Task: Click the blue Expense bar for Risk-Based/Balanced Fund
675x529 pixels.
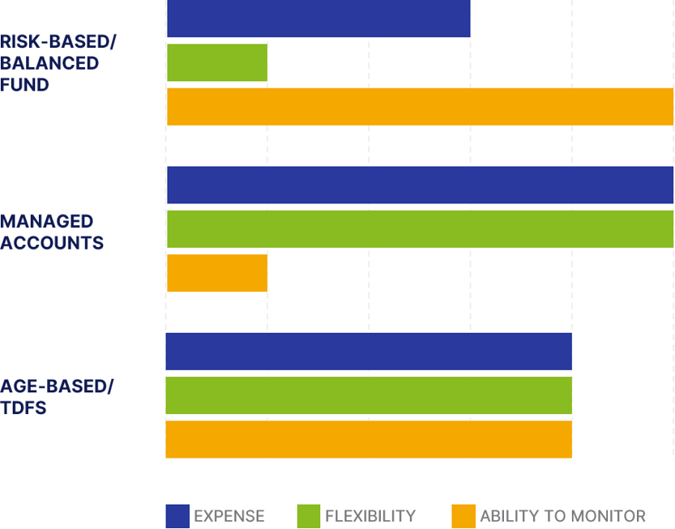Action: click(x=318, y=19)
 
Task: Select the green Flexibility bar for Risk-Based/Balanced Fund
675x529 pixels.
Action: click(x=217, y=62)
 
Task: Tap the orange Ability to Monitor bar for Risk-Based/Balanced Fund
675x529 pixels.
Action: click(x=420, y=106)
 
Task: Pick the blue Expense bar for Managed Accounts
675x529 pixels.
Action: click(x=420, y=185)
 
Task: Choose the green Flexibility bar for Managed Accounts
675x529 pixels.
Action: click(x=420, y=228)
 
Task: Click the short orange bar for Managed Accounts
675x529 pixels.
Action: click(x=217, y=273)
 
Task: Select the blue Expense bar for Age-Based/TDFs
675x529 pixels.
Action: click(x=369, y=352)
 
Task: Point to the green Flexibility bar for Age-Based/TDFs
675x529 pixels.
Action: click(x=369, y=395)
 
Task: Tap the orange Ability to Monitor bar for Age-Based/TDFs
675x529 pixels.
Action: click(x=369, y=439)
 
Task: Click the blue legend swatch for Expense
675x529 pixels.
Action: click(x=177, y=516)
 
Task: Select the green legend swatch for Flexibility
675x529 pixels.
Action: click(x=309, y=516)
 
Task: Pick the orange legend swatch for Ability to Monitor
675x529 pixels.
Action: click(x=464, y=516)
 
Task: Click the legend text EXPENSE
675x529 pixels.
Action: click(x=229, y=516)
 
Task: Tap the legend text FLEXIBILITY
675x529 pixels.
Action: click(x=370, y=516)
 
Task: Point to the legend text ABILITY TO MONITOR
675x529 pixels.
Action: click(x=562, y=516)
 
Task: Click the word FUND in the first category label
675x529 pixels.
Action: click(x=24, y=85)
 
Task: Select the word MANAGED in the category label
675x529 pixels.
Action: click(x=47, y=222)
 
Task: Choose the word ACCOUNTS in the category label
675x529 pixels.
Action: click(x=52, y=243)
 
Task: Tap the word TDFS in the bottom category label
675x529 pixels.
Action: click(x=23, y=407)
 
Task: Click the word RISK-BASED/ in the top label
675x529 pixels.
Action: click(x=58, y=41)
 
